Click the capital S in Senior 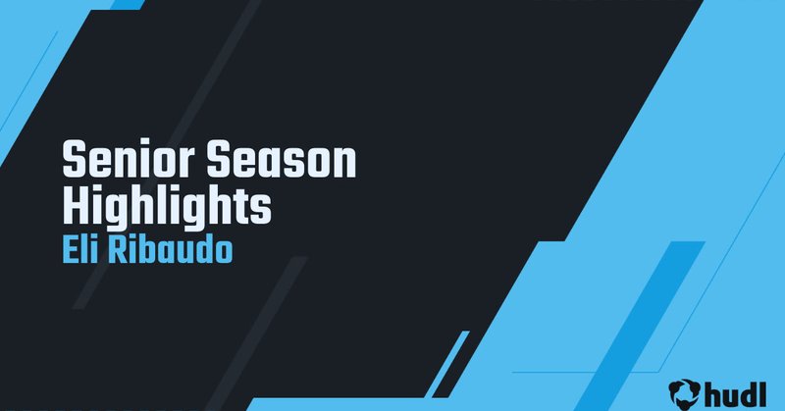[x=73, y=159]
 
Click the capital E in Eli [x=68, y=248]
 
